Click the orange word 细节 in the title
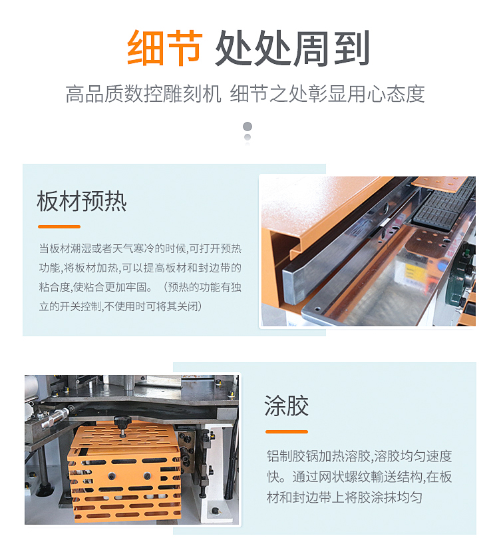[x=164, y=48]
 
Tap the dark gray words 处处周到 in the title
[x=293, y=48]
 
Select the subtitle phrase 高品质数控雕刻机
[x=143, y=94]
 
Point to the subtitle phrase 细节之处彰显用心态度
[x=327, y=94]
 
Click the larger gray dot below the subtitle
[x=248, y=126]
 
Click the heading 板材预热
[x=82, y=201]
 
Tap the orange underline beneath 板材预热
[x=59, y=226]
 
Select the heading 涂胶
[x=286, y=406]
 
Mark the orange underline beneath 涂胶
[x=286, y=431]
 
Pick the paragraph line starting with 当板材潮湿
[x=140, y=248]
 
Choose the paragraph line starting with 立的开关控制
[x=120, y=306]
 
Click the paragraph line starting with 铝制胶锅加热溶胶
[x=359, y=456]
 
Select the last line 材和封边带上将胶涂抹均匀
[x=344, y=497]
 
